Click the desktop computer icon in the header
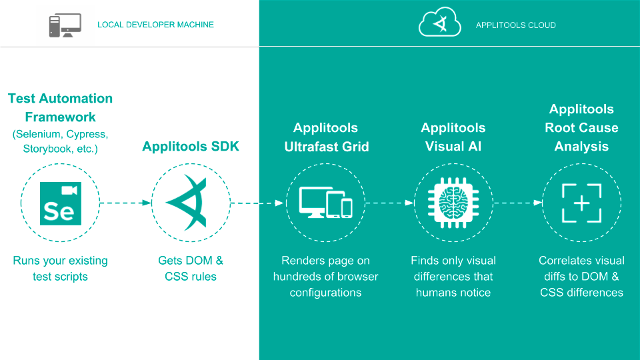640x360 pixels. coord(65,25)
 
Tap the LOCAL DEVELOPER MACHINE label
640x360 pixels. coord(155,25)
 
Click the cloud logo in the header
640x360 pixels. coord(439,22)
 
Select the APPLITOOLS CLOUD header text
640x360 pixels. coord(515,25)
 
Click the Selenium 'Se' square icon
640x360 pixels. coord(61,203)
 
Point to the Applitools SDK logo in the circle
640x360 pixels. coord(187,203)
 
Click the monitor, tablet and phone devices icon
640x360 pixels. coord(326,203)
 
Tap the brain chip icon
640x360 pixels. coord(453,203)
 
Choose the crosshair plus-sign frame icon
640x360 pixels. coord(581,203)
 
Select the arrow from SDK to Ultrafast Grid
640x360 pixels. coord(257,203)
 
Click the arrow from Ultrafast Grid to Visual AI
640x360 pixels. coord(390,203)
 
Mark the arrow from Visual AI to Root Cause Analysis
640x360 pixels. coord(518,203)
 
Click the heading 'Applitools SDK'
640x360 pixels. coord(191,147)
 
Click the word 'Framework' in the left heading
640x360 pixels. coord(61,117)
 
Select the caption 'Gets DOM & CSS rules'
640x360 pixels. coord(191,268)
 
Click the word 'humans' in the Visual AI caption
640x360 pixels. coord(434,293)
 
